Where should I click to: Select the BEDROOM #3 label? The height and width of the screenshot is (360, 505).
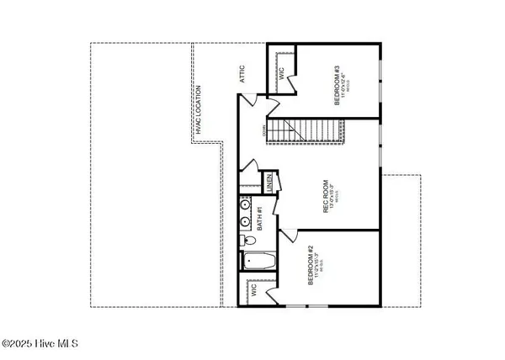pos(336,83)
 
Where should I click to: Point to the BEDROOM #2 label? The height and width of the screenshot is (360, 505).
pos(311,266)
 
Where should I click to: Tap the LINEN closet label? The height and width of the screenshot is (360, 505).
pos(268,183)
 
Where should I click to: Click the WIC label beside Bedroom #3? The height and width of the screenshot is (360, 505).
pos(281,73)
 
